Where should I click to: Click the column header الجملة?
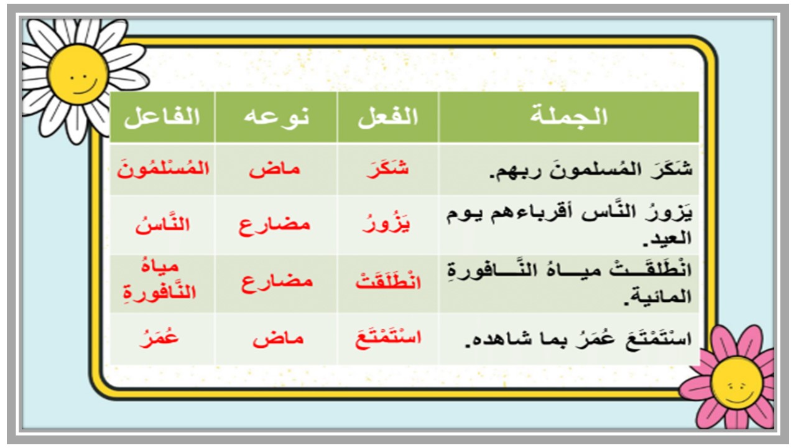coord(570,117)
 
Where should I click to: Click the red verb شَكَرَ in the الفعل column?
coord(388,169)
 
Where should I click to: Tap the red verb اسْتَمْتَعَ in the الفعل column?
coord(388,338)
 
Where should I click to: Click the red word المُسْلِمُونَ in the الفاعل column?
coord(162,169)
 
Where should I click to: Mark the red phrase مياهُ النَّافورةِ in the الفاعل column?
coord(162,281)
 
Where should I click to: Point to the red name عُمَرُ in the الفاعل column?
coord(162,338)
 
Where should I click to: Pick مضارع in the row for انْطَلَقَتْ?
coord(275,282)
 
